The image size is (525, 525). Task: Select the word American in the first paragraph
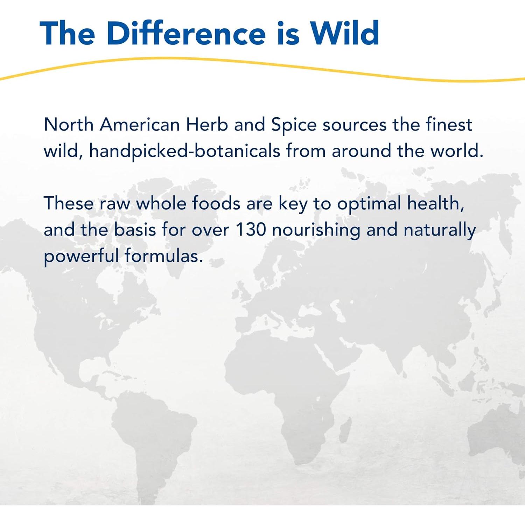tap(140, 125)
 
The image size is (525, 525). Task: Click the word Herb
tap(207, 125)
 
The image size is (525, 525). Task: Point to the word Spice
tap(294, 125)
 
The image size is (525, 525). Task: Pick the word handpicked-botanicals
tap(184, 151)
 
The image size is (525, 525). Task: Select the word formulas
tap(164, 256)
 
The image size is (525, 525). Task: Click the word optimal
tap(369, 204)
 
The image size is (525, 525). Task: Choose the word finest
tap(449, 125)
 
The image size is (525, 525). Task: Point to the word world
tap(457, 151)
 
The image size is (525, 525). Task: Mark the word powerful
tap(81, 257)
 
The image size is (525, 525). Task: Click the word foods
tap(216, 203)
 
